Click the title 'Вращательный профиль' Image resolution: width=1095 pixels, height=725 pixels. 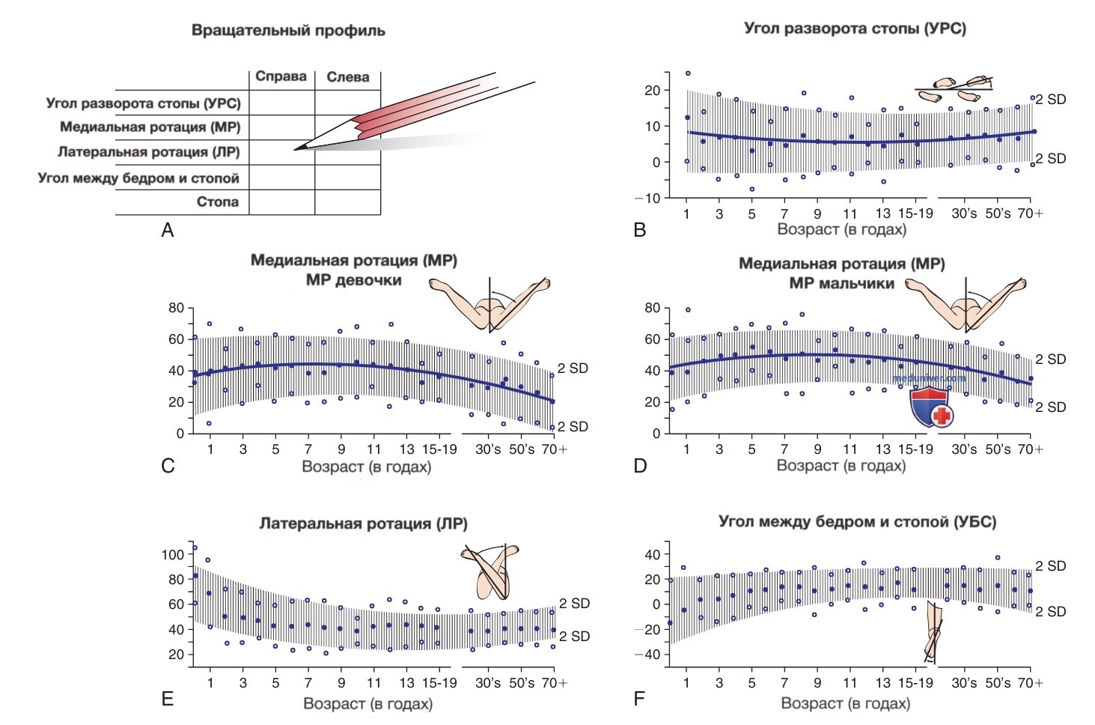coord(288,30)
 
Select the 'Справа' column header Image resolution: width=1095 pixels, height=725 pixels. coord(281,76)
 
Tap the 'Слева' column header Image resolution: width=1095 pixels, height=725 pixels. coord(347,77)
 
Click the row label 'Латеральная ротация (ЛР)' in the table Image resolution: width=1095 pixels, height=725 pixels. coord(149,152)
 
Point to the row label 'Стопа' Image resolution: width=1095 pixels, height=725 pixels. coord(218,201)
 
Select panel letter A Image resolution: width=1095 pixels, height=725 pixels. coord(168,229)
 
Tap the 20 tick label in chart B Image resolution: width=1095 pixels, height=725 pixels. coord(652,91)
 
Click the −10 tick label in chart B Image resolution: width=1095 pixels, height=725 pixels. coord(647,198)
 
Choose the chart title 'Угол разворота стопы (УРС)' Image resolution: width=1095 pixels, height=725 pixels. coord(855,28)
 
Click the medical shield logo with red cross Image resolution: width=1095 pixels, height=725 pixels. coord(931,406)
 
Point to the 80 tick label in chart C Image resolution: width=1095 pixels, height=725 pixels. coord(176,308)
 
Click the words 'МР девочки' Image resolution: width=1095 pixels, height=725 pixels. coord(354,280)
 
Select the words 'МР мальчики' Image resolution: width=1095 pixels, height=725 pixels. coord(842,283)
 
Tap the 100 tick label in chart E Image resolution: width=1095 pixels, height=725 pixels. coord(173,555)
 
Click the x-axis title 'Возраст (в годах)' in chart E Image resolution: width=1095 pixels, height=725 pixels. coord(367,704)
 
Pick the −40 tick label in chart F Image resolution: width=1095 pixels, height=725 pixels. coord(647,655)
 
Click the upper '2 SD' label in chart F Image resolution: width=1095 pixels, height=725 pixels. coord(1050,566)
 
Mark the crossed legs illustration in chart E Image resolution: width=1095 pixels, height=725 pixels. coord(489,571)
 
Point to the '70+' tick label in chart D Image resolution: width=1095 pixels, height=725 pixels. coord(1031,449)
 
